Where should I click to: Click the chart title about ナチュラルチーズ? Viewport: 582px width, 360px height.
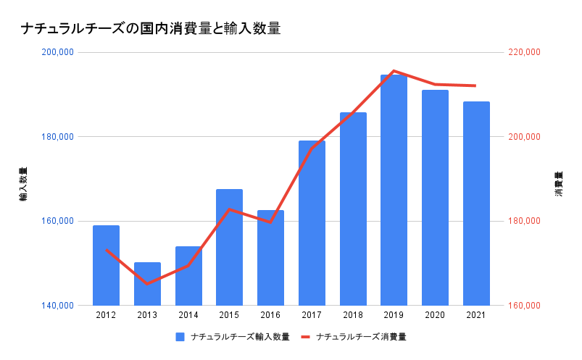(x=150, y=29)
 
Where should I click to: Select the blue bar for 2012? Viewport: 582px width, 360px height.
(x=106, y=265)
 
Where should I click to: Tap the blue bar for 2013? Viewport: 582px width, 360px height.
(x=147, y=284)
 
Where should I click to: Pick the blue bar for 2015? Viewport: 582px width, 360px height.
(x=229, y=247)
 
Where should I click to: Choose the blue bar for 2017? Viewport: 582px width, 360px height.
(x=312, y=223)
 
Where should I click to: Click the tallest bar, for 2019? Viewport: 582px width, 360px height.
(x=394, y=190)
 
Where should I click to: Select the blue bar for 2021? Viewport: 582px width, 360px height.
(x=476, y=204)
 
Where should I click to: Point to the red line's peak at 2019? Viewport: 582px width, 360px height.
(x=394, y=71)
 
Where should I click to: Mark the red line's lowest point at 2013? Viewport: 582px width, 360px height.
(x=147, y=283)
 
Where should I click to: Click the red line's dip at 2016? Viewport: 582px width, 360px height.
(x=270, y=222)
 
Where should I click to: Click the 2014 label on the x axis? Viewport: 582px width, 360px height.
(x=188, y=315)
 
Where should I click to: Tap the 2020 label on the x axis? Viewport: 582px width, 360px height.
(x=435, y=315)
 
